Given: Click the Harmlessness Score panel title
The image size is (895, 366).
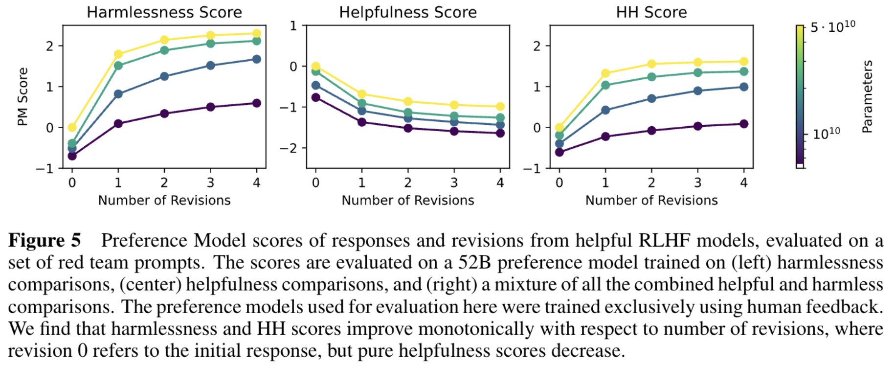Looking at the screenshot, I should tap(164, 12).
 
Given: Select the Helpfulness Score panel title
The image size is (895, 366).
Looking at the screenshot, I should tap(407, 12).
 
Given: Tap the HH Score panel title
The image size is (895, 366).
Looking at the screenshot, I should tap(651, 12).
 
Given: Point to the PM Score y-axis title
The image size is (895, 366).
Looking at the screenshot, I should tap(22, 96).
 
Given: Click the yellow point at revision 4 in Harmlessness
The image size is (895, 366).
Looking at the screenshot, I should tap(256, 34).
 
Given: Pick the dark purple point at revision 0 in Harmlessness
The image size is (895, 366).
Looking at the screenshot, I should tap(72, 156).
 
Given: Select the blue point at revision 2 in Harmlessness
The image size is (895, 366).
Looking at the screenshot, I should tap(164, 76).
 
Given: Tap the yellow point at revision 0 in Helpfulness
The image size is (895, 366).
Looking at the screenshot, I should tap(315, 66).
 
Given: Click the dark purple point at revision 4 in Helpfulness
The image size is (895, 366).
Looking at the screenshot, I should tap(500, 133).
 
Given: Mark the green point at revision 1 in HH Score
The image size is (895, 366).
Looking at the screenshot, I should tap(605, 85).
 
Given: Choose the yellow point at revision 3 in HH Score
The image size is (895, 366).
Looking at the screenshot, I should tap(698, 62).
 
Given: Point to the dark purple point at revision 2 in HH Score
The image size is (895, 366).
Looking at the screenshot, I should tap(651, 131).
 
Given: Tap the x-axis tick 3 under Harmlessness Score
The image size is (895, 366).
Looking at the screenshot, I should tap(210, 183).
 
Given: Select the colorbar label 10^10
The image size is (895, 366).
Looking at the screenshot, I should tap(826, 133).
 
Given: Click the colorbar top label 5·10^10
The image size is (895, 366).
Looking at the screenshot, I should tap(832, 26).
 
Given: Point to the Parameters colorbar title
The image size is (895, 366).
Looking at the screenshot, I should tap(867, 96).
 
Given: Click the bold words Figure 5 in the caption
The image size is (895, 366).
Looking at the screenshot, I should tap(45, 241).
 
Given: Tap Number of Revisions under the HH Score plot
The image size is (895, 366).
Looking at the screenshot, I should tap(651, 200).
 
